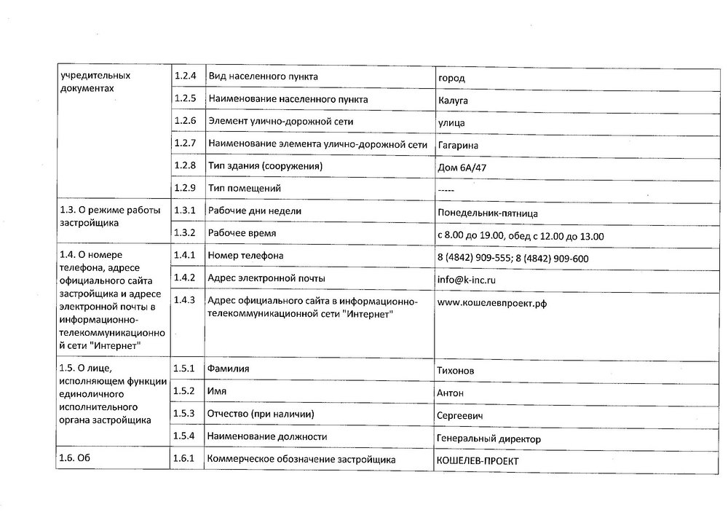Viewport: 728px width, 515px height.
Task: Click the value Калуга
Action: pos(453,100)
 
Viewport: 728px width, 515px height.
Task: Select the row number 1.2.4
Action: pos(186,76)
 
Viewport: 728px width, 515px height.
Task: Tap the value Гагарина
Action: pos(458,145)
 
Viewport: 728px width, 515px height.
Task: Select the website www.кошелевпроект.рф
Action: pos(491,303)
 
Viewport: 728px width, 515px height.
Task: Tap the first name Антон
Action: pos(451,393)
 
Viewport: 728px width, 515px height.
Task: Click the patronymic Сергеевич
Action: pos(460,416)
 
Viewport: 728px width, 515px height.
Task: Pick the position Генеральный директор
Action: pos(488,439)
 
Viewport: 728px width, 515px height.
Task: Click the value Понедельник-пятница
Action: pos(488,213)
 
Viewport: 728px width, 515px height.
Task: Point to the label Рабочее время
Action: pos(242,233)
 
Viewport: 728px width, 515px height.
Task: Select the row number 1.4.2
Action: pos(186,278)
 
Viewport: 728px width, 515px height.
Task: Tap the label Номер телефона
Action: pos(245,255)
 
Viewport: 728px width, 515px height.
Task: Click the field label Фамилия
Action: pos(228,369)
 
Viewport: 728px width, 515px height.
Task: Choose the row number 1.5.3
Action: pos(186,414)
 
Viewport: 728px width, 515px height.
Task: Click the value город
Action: pos(451,78)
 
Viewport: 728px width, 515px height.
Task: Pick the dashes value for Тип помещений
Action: pos(446,190)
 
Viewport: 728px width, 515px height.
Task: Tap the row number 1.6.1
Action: pos(186,459)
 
